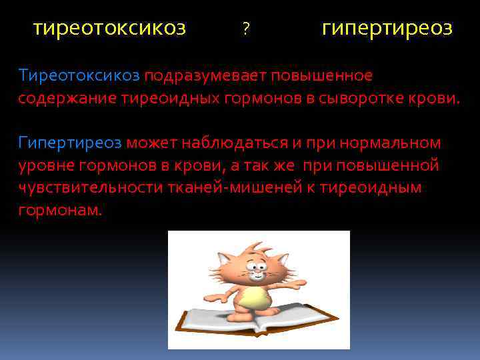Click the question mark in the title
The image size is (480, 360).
click(246, 29)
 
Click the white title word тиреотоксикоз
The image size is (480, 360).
click(110, 28)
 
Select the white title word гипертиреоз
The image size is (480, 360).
click(387, 29)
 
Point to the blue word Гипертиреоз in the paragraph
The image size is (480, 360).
click(70, 142)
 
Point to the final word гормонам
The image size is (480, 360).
click(61, 210)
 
